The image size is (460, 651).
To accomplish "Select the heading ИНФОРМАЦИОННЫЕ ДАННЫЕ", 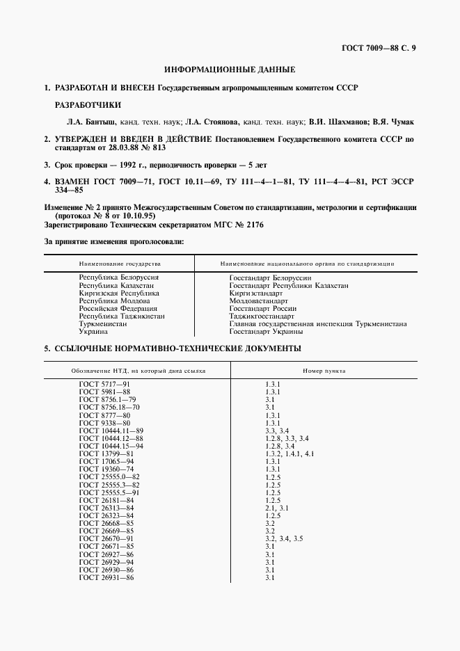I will click(x=230, y=70).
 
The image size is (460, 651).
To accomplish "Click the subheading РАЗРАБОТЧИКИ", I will click(x=88, y=105).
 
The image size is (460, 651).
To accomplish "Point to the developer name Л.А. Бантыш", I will click(x=85, y=121).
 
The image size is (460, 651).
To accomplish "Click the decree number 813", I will click(x=159, y=148).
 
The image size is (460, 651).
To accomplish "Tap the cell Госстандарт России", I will click(x=263, y=309).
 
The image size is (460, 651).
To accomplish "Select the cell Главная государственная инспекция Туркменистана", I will click(x=318, y=324).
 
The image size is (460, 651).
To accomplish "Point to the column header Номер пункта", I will click(x=324, y=371).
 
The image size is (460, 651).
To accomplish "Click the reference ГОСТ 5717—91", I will click(x=105, y=384).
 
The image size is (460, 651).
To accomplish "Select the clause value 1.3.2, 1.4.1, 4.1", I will click(x=291, y=453).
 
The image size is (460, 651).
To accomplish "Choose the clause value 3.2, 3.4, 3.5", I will click(x=284, y=539).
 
